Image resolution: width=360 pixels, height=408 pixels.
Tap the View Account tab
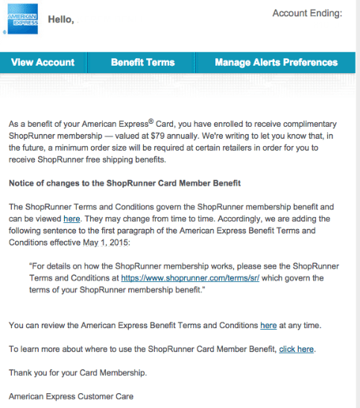pyautogui.click(x=43, y=63)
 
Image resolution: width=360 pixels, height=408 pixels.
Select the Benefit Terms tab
pyautogui.click(x=143, y=63)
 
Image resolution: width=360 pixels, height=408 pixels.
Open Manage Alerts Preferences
pyautogui.click(x=276, y=63)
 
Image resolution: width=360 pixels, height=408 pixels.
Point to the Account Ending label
pyautogui.click(x=307, y=13)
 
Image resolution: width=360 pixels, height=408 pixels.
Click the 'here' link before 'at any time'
pyautogui.click(x=268, y=326)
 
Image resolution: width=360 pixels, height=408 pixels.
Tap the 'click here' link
pyautogui.click(x=297, y=348)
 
